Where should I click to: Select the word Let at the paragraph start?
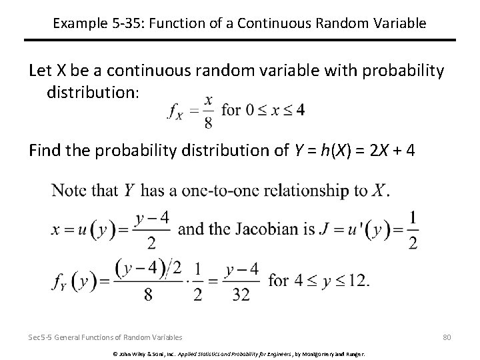click(41, 71)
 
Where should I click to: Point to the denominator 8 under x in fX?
click(209, 122)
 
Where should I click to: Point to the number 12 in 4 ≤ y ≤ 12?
click(357, 280)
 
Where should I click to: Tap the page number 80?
click(446, 337)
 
